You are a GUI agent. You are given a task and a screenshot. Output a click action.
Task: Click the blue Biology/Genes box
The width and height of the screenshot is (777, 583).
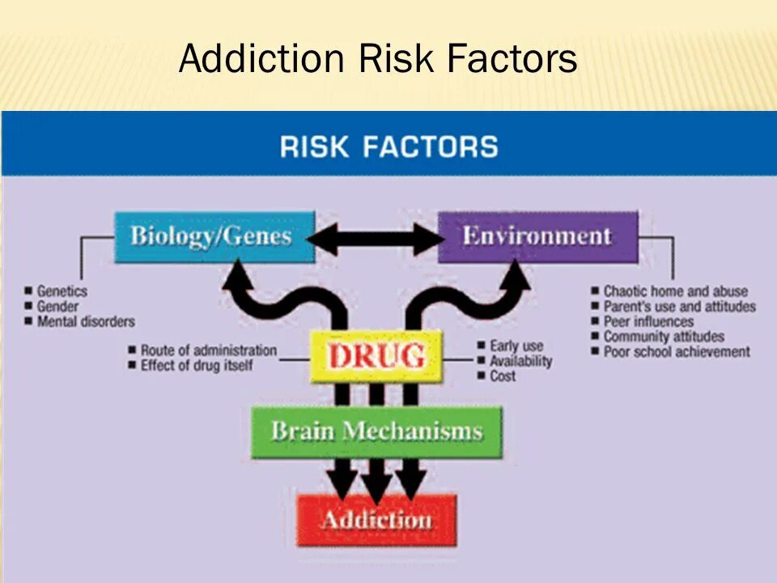tap(213, 237)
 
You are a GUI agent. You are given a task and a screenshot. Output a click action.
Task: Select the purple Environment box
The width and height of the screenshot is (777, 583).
tap(537, 236)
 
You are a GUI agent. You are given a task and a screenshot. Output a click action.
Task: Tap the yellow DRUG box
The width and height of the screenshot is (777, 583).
tap(376, 356)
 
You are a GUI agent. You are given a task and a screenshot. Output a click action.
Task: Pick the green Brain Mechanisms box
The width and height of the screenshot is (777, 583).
tap(376, 431)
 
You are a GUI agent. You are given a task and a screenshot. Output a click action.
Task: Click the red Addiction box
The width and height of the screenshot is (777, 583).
tap(376, 520)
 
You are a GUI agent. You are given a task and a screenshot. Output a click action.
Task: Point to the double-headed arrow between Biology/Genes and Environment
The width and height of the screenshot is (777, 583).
tap(376, 239)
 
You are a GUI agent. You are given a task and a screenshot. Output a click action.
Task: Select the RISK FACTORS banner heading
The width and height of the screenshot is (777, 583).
tap(388, 147)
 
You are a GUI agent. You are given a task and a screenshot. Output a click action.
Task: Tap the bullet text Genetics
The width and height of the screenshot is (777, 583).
tap(62, 291)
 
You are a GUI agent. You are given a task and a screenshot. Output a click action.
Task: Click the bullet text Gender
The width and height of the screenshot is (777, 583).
tap(57, 306)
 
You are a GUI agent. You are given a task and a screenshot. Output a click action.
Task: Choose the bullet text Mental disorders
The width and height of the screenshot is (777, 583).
tap(86, 321)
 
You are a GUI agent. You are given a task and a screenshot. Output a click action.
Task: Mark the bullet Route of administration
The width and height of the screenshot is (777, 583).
tap(208, 351)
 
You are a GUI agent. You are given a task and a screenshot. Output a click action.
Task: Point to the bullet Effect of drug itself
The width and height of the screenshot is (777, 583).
tap(197, 365)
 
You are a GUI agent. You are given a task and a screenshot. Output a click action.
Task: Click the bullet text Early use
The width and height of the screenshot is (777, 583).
tap(516, 346)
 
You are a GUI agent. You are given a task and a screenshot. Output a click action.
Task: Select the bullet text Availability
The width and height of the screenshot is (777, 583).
tap(520, 361)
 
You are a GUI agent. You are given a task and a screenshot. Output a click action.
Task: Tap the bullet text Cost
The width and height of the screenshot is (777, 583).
tap(503, 377)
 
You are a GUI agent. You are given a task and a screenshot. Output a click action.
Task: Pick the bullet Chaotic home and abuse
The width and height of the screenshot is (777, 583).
tap(675, 291)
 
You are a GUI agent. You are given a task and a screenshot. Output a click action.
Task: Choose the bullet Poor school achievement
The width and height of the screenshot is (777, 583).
tap(677, 351)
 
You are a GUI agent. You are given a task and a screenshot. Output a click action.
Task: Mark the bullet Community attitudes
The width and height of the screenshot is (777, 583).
tap(664, 336)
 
